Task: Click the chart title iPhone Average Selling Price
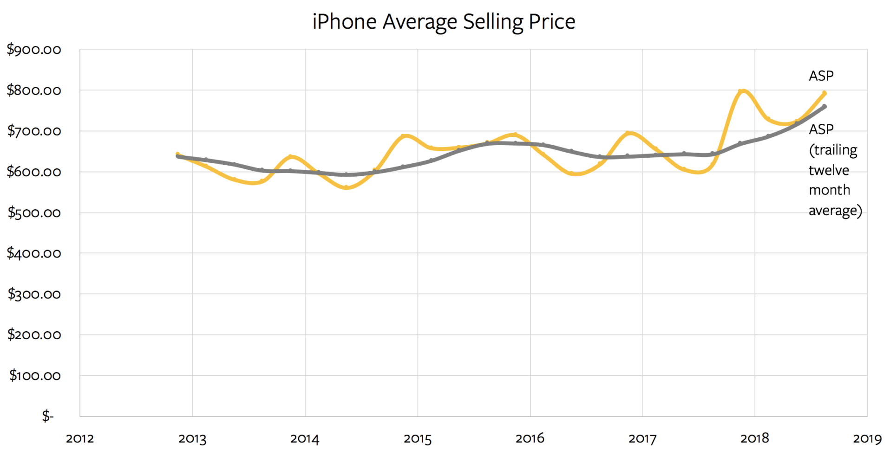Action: [444, 22]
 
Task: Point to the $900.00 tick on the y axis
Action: [34, 50]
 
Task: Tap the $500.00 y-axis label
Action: [34, 213]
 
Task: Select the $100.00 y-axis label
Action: [35, 375]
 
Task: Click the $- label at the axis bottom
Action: [48, 416]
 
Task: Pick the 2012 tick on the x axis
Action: [80, 438]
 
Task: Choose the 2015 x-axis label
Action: [418, 438]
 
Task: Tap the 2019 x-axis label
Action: [867, 438]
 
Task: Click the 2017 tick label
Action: [642, 438]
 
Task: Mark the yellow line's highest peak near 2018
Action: [742, 90]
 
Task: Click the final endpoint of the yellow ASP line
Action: [825, 93]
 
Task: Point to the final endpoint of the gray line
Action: [825, 107]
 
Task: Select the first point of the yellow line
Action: [177, 154]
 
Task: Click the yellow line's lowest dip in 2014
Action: [346, 188]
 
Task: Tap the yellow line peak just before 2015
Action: [406, 136]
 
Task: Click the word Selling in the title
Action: [493, 22]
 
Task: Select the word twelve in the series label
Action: [829, 170]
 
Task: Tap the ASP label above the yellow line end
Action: [821, 76]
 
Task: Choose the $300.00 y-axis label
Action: [34, 294]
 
